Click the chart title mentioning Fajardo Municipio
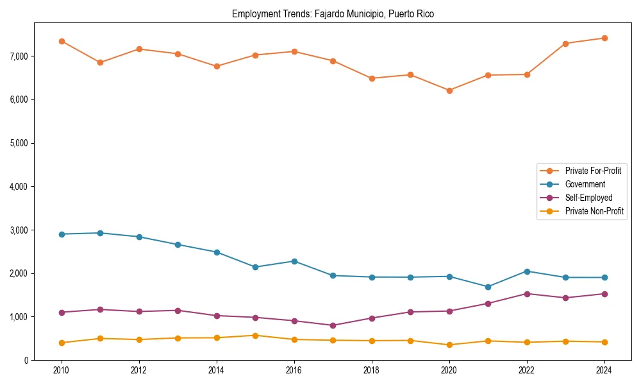click(x=333, y=14)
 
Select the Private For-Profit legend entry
click(x=592, y=171)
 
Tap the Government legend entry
click(x=585, y=184)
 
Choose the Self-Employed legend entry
click(x=588, y=198)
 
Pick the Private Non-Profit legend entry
click(x=594, y=211)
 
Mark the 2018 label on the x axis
click(x=371, y=370)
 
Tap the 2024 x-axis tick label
click(x=604, y=370)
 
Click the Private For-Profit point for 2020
click(x=449, y=90)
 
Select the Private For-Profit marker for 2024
click(x=604, y=38)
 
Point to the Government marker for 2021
click(x=488, y=287)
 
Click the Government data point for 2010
click(x=62, y=234)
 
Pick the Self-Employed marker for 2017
click(x=333, y=325)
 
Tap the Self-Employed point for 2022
click(x=526, y=294)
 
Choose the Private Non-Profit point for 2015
click(x=255, y=336)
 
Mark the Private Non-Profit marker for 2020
click(x=449, y=345)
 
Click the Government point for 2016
click(x=294, y=261)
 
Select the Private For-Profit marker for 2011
click(x=100, y=62)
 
